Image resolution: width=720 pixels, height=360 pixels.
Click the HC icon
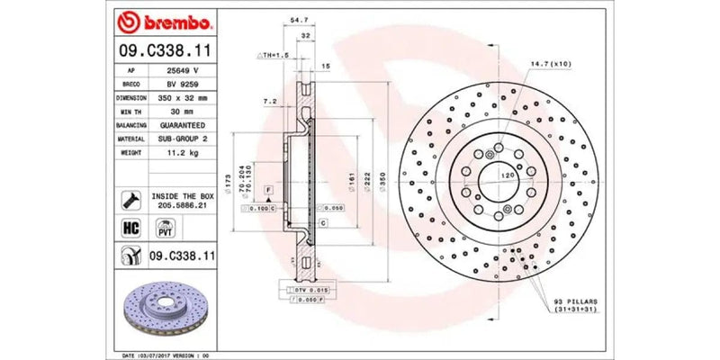coord(128,228)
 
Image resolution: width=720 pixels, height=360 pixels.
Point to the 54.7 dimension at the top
coord(295,18)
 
